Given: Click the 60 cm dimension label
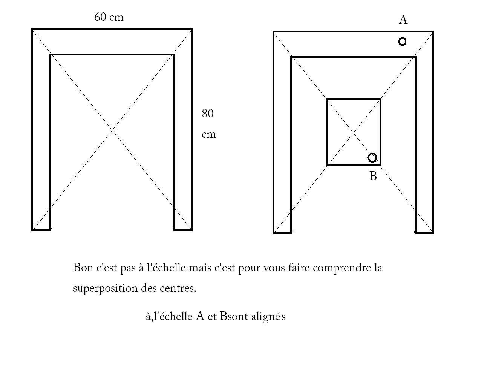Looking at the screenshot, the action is click(109, 17).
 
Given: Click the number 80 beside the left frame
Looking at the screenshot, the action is click(208, 114).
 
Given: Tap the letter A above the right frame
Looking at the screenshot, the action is click(403, 20).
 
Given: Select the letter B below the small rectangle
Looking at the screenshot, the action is click(373, 176).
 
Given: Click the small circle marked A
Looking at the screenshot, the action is click(402, 42).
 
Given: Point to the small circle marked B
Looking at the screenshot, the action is click(372, 158).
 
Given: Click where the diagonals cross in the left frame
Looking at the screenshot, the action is click(112, 130).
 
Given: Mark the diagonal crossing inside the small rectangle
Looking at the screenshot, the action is click(353, 132).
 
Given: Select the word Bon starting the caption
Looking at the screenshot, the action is click(83, 268).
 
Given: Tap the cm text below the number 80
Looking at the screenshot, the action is click(208, 135).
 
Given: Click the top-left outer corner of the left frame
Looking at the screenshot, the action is click(32, 29).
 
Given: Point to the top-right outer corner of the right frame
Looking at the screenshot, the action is click(433, 32).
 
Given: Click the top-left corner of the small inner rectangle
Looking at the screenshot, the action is click(327, 99).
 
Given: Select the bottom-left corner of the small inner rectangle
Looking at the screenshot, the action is click(327, 165).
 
